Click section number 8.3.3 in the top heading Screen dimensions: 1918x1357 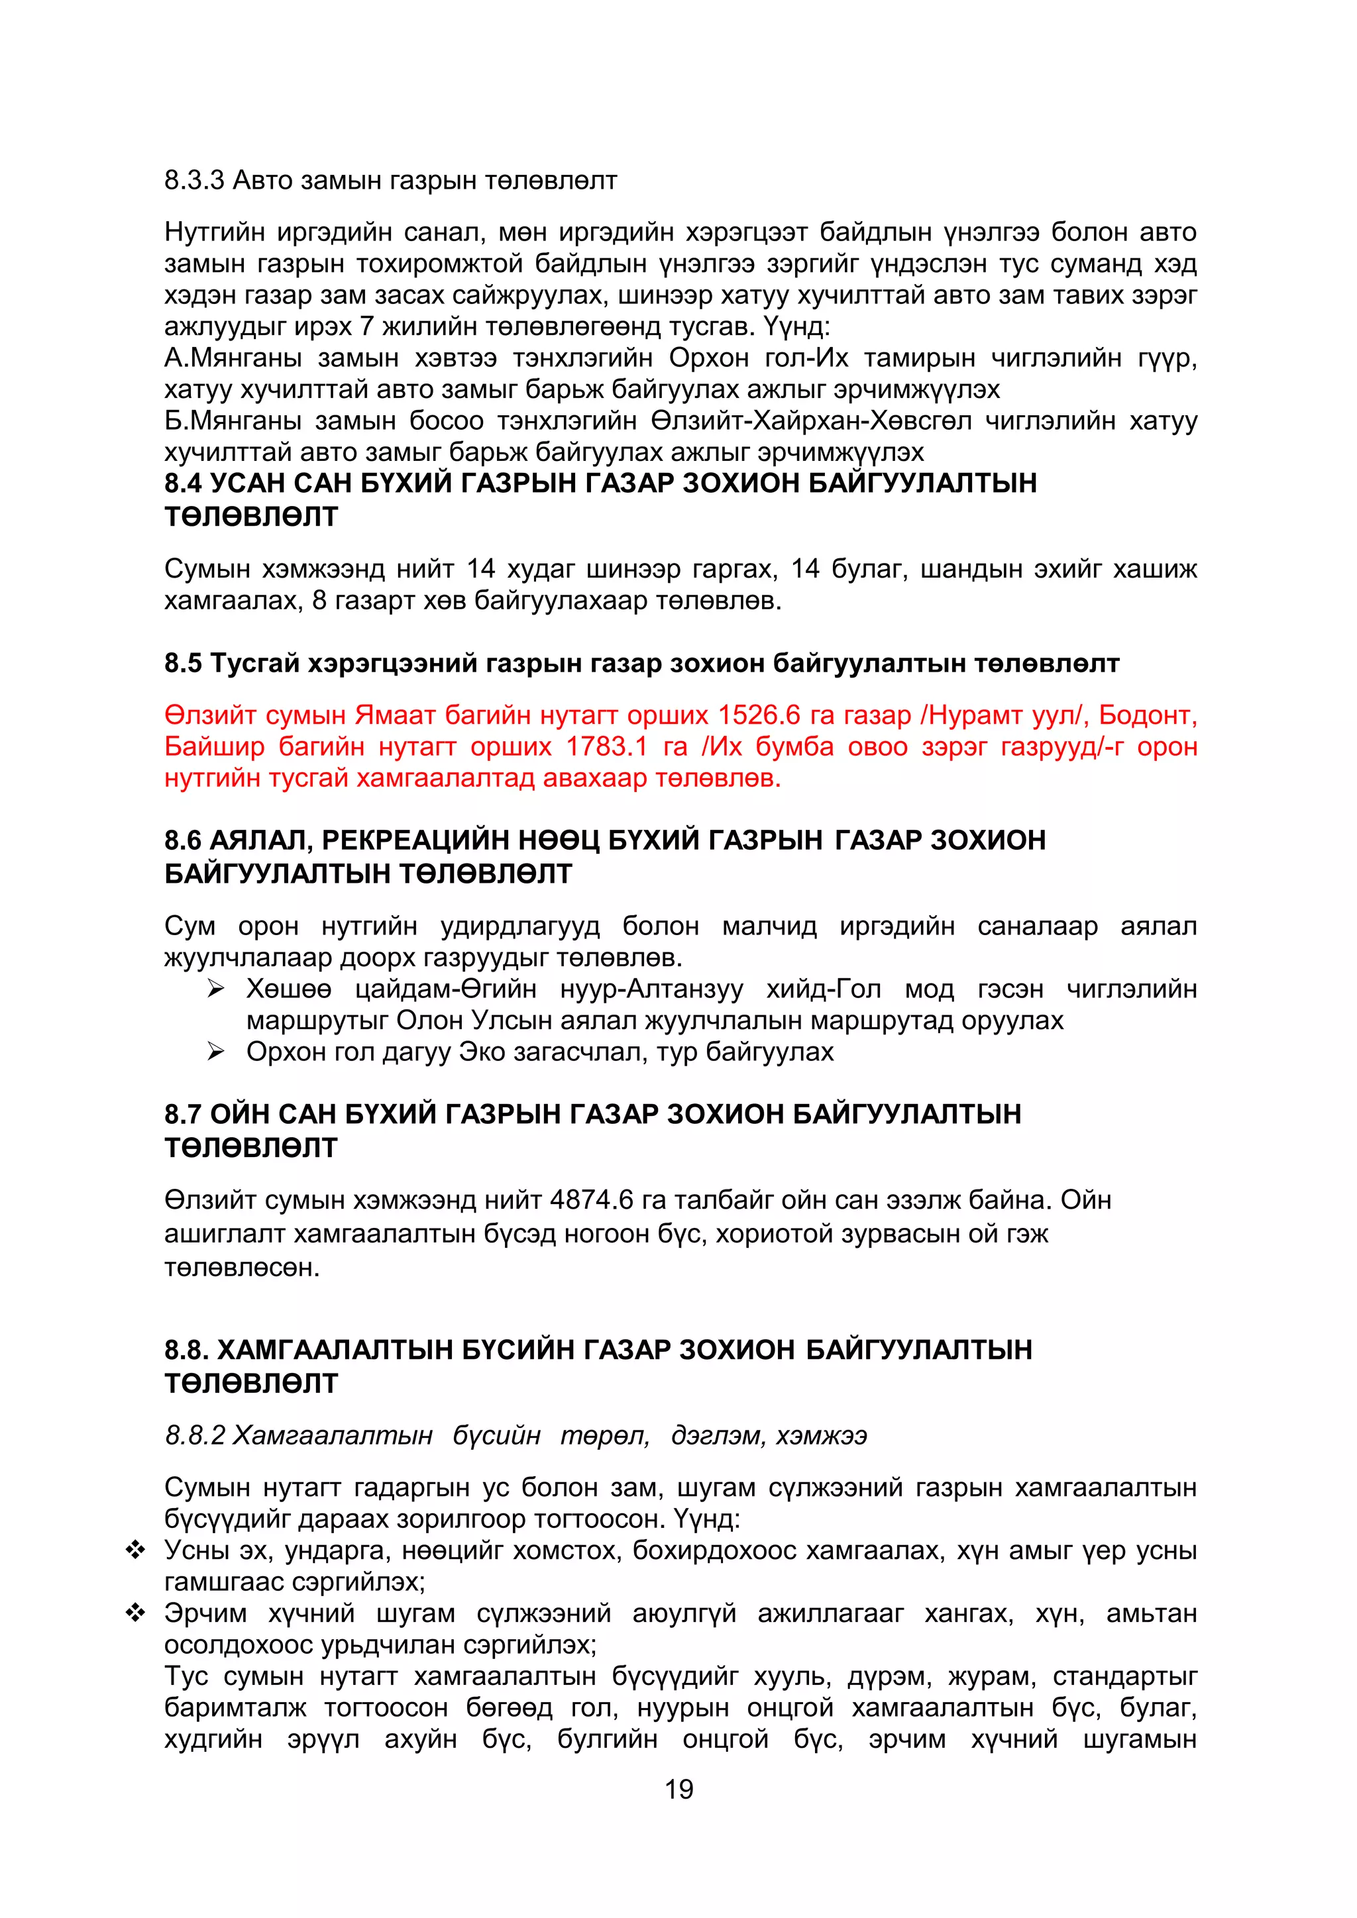pos(195,180)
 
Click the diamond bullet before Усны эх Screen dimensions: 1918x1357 pos(135,1550)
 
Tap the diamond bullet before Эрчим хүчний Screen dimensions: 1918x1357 pos(135,1613)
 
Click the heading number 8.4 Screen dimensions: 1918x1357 pos(183,483)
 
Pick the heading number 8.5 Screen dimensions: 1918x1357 pos(183,663)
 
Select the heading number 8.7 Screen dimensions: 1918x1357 pos(183,1113)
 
